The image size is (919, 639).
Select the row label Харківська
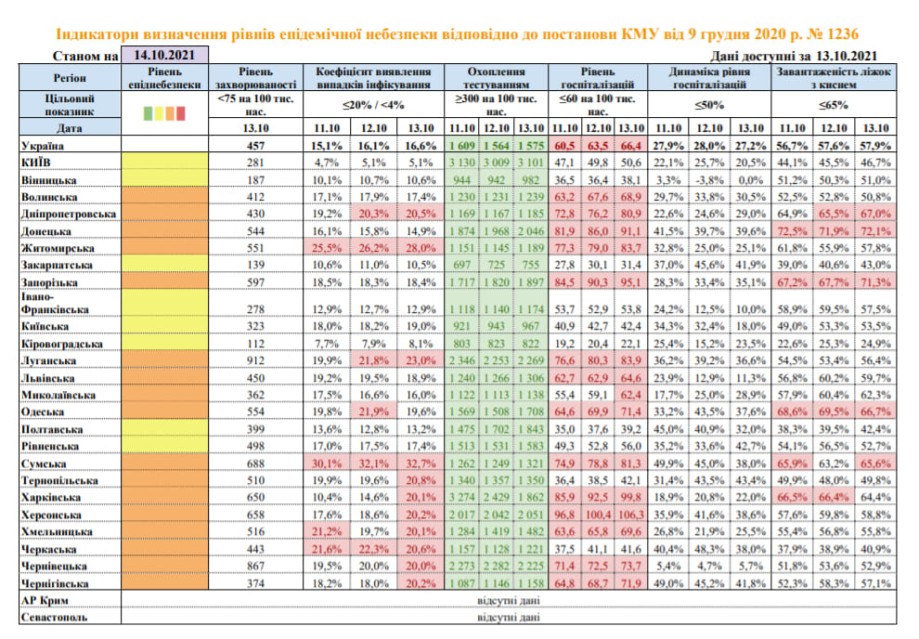click(x=56, y=498)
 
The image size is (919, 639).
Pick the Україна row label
click(x=45, y=147)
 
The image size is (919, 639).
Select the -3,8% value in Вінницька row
click(x=710, y=180)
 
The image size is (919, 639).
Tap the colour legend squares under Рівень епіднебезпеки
click(x=166, y=114)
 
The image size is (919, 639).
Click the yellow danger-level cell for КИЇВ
click(x=166, y=163)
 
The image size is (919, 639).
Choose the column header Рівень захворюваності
click(x=255, y=77)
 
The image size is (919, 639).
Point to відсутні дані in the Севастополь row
click(x=508, y=618)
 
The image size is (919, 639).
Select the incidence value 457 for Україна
click(x=255, y=147)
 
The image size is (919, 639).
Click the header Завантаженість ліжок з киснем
click(x=834, y=77)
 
